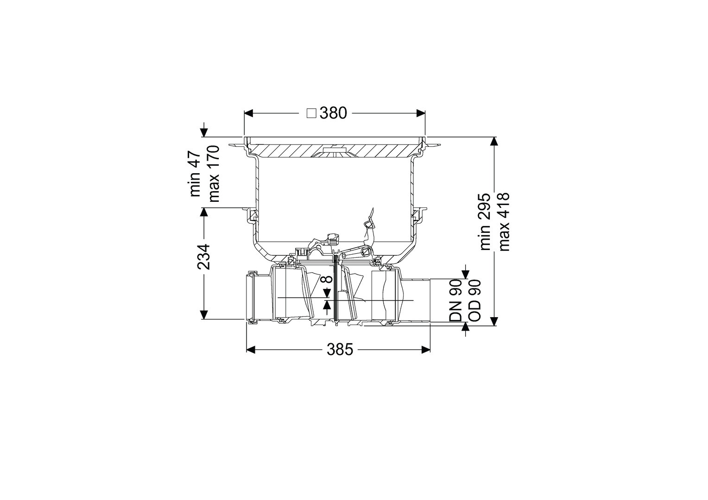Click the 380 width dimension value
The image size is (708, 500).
click(x=333, y=113)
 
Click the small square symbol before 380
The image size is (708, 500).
click(x=312, y=113)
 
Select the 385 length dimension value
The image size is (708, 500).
click(x=340, y=350)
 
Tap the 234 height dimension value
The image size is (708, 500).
click(x=203, y=256)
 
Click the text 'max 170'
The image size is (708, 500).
click(x=213, y=174)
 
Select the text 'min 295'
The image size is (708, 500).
click(x=485, y=222)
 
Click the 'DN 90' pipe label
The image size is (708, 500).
click(x=456, y=301)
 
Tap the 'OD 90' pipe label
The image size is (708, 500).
click(x=474, y=301)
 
